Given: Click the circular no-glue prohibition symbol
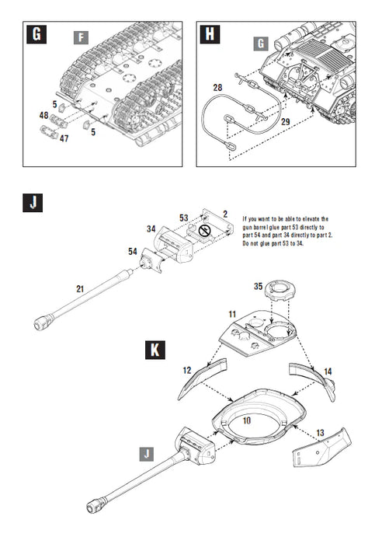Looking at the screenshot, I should click(x=204, y=231).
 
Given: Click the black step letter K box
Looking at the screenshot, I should click(x=157, y=350).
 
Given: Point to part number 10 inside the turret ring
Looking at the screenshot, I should click(x=245, y=420).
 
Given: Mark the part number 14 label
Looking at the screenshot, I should click(x=327, y=372).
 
